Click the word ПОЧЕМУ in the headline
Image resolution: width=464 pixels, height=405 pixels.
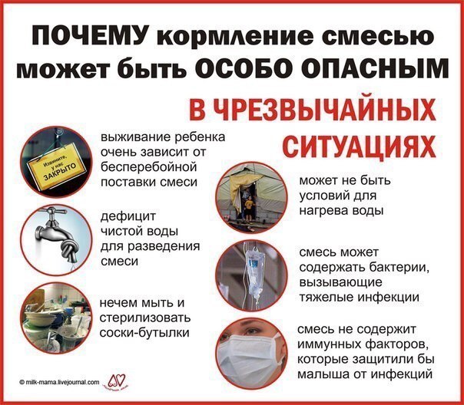91,36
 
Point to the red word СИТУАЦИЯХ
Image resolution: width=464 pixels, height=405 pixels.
359,147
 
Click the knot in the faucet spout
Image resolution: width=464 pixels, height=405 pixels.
70,249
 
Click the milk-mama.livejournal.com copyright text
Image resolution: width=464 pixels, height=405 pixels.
59,382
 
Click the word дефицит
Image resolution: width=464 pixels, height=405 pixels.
128,216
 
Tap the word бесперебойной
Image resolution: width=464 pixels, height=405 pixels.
148,167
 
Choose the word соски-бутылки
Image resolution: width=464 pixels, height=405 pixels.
144,333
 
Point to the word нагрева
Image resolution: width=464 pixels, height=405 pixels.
322,211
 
